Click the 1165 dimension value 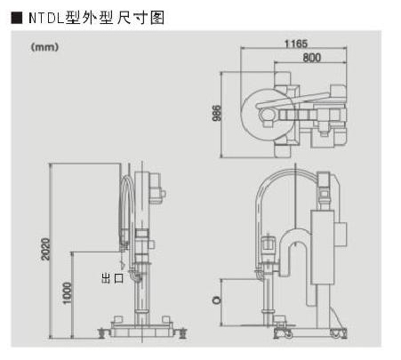[296, 44]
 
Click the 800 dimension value [312, 57]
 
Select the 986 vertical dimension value [217, 113]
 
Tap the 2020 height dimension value [45, 249]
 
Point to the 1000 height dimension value [68, 293]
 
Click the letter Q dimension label [217, 300]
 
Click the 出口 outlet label [112, 278]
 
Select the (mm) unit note [44, 47]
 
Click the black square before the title [17, 18]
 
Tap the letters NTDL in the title [47, 18]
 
